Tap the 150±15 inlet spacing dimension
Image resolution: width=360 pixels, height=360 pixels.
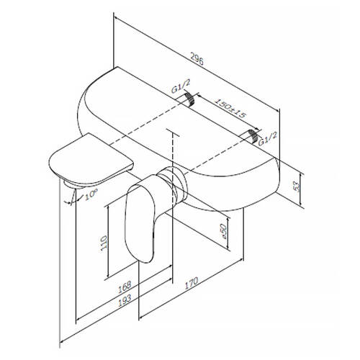click(x=230, y=108)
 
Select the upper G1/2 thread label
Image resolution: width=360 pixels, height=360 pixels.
click(x=181, y=86)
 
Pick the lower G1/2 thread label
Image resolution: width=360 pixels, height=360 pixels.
click(x=268, y=138)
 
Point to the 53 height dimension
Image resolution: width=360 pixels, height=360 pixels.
click(x=297, y=186)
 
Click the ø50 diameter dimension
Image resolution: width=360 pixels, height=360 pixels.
click(x=223, y=231)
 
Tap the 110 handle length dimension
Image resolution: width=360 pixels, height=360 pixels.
click(x=104, y=243)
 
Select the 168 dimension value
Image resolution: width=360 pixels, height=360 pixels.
click(x=125, y=287)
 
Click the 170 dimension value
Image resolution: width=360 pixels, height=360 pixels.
click(x=192, y=283)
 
